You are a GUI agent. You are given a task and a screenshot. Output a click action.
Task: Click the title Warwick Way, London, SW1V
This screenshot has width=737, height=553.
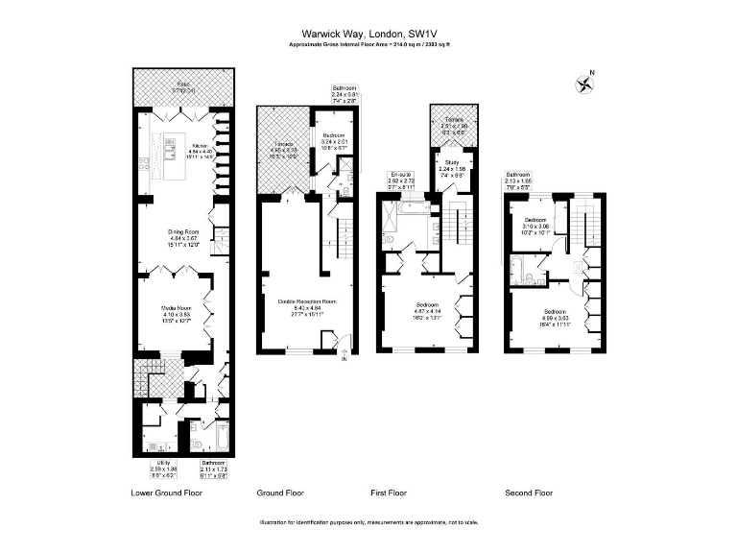tap(368, 31)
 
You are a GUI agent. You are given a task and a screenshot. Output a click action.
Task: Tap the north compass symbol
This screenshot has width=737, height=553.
tap(584, 84)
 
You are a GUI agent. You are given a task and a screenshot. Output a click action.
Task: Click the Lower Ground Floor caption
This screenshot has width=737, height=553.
tap(166, 493)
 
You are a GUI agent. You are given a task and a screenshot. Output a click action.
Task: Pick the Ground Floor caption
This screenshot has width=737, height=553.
tap(280, 493)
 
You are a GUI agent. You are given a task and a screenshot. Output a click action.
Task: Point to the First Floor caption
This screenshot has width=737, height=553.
tap(389, 493)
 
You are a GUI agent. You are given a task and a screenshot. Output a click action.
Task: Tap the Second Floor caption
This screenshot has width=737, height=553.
tap(529, 493)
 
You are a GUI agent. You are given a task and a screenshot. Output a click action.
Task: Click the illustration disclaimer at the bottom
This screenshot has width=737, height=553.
tap(368, 522)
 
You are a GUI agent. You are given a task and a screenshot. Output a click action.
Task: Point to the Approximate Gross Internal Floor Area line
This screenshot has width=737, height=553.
tap(368, 44)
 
